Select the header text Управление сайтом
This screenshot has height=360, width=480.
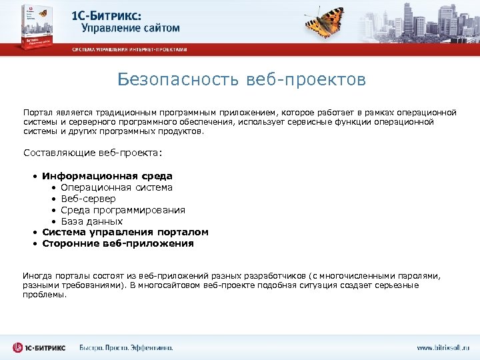click(x=131, y=28)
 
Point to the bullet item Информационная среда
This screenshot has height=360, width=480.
click(x=107, y=176)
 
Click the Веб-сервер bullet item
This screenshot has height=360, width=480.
click(x=88, y=199)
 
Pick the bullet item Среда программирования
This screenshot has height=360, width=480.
click(x=123, y=210)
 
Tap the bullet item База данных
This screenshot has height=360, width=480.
click(x=92, y=221)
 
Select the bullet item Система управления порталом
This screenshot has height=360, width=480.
click(x=125, y=232)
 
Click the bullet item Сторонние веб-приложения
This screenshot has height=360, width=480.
click(x=118, y=243)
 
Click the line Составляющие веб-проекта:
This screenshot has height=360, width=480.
click(x=93, y=153)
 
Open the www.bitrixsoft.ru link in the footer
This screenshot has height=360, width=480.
click(x=443, y=347)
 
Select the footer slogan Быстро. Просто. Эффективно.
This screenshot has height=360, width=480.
click(x=126, y=347)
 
